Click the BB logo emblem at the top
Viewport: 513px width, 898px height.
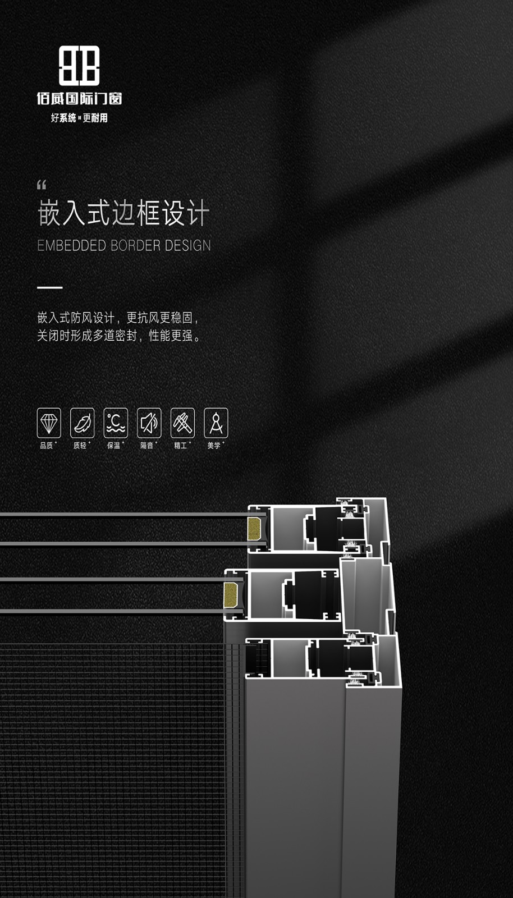(x=79, y=65)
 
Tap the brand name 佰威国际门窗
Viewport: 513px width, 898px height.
(x=79, y=99)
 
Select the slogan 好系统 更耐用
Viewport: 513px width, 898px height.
(x=79, y=118)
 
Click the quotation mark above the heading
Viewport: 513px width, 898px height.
(x=42, y=185)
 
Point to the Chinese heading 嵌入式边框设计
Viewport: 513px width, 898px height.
(x=123, y=213)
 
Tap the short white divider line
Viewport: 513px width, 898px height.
(x=50, y=287)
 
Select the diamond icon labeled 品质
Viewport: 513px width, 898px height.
(x=49, y=423)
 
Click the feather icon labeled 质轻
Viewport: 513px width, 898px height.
(x=82, y=423)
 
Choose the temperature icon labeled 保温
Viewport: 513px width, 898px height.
(x=116, y=423)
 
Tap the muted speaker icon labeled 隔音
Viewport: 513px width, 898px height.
(x=149, y=423)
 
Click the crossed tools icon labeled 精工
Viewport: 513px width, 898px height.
(x=183, y=423)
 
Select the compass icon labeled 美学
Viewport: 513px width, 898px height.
(x=216, y=423)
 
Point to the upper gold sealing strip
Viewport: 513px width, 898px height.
(x=254, y=528)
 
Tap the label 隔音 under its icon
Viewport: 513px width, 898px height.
(x=146, y=446)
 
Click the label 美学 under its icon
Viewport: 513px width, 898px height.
(x=214, y=446)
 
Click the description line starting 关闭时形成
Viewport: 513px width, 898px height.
(x=119, y=336)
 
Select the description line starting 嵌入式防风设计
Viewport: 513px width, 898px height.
(x=118, y=318)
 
